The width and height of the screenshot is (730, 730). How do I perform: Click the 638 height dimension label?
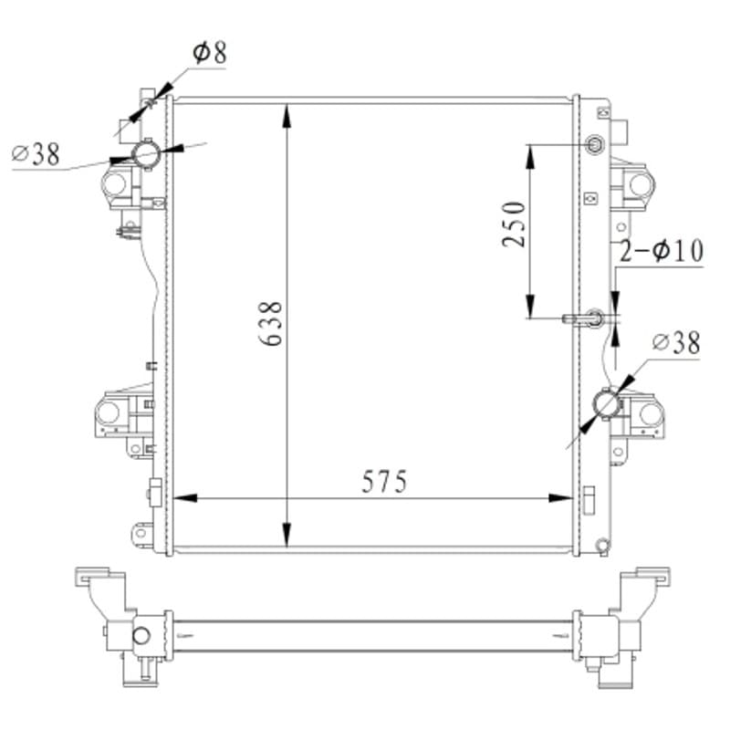pyautogui.click(x=270, y=324)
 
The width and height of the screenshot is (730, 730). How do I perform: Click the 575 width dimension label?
pyautogui.click(x=384, y=482)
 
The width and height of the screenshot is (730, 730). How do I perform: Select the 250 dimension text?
pyautogui.click(x=514, y=224)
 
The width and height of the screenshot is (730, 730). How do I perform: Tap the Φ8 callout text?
pyautogui.click(x=210, y=53)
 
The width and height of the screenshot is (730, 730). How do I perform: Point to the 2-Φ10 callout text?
pyautogui.click(x=662, y=251)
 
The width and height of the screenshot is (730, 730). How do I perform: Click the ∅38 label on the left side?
pyautogui.click(x=36, y=153)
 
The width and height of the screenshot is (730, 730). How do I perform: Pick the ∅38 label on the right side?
pyautogui.click(x=676, y=344)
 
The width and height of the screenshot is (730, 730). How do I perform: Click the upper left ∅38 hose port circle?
pyautogui.click(x=146, y=154)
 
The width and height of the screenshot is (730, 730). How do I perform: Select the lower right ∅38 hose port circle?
pyautogui.click(x=606, y=403)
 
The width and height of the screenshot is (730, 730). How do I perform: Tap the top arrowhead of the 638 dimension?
pyautogui.click(x=287, y=116)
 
